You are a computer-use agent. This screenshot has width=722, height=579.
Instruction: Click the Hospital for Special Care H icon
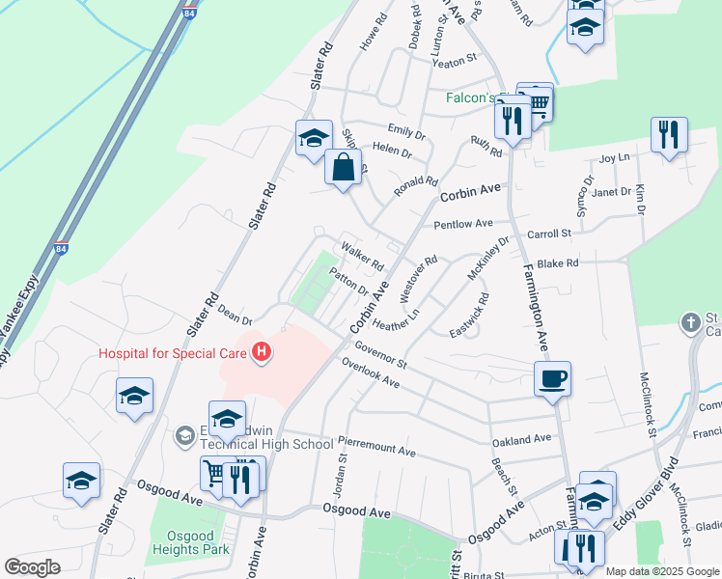[x=260, y=353]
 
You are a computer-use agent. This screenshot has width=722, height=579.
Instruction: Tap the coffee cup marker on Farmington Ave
[x=551, y=378]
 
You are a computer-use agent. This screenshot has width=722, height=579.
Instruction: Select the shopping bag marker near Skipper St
[x=343, y=168]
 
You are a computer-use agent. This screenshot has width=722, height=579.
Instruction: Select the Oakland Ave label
[x=521, y=439]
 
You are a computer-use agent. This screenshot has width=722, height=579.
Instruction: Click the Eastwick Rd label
[x=470, y=316]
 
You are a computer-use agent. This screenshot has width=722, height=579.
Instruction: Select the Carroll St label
[x=549, y=234]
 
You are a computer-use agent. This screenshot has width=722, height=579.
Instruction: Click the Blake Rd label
[x=558, y=262]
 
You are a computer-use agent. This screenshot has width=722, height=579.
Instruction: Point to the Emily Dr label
[x=405, y=131]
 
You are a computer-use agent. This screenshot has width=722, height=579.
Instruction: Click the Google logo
[x=33, y=567]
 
